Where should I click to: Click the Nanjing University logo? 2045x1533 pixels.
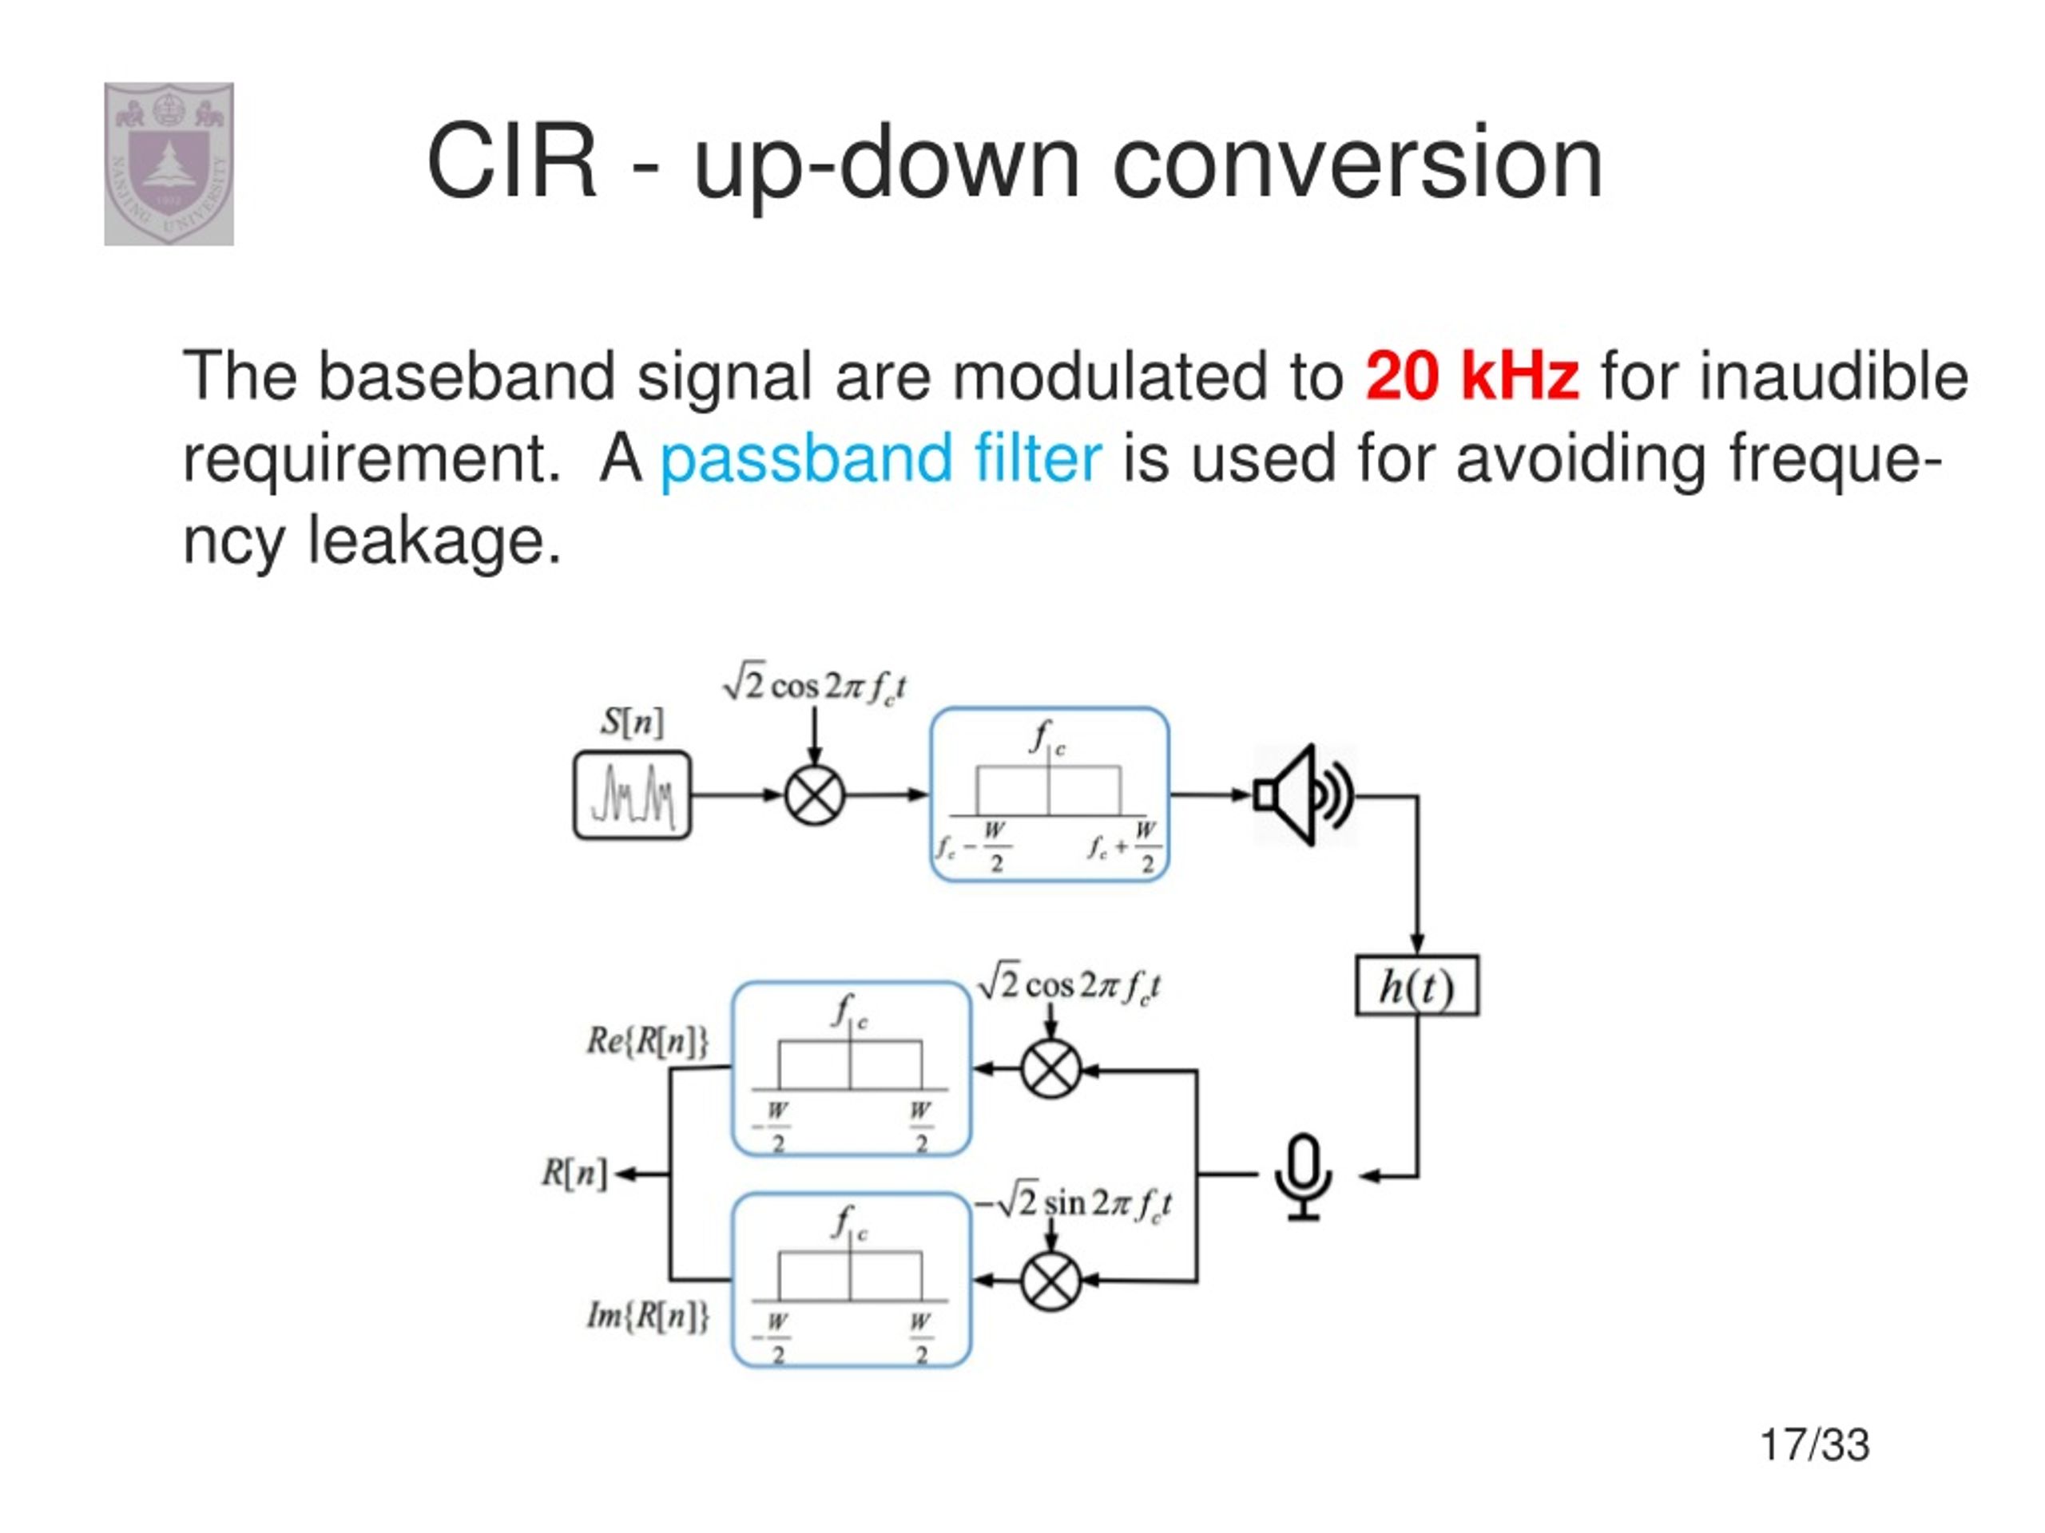click(x=169, y=164)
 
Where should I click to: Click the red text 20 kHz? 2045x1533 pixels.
click(x=1471, y=376)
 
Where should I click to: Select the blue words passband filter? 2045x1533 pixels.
click(x=880, y=458)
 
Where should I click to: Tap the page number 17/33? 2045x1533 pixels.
click(x=1814, y=1444)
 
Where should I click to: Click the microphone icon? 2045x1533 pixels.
click(x=1303, y=1175)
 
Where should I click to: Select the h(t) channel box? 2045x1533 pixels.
click(x=1416, y=986)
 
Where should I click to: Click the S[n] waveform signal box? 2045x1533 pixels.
click(x=633, y=794)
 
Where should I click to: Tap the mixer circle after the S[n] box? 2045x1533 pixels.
click(x=815, y=794)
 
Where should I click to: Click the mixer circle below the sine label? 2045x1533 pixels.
click(x=1050, y=1281)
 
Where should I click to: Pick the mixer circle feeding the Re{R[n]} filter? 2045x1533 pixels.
click(x=1050, y=1069)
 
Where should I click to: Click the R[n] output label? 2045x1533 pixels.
click(x=574, y=1174)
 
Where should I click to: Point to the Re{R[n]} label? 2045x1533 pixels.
click(x=647, y=1041)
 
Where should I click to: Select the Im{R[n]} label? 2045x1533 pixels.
click(x=647, y=1315)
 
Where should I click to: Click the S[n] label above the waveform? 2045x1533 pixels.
click(x=633, y=722)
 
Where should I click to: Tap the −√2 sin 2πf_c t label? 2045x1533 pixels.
click(x=1072, y=1202)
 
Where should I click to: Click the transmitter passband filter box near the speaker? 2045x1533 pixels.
click(x=1050, y=794)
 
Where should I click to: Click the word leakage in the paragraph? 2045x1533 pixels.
click(x=435, y=541)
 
